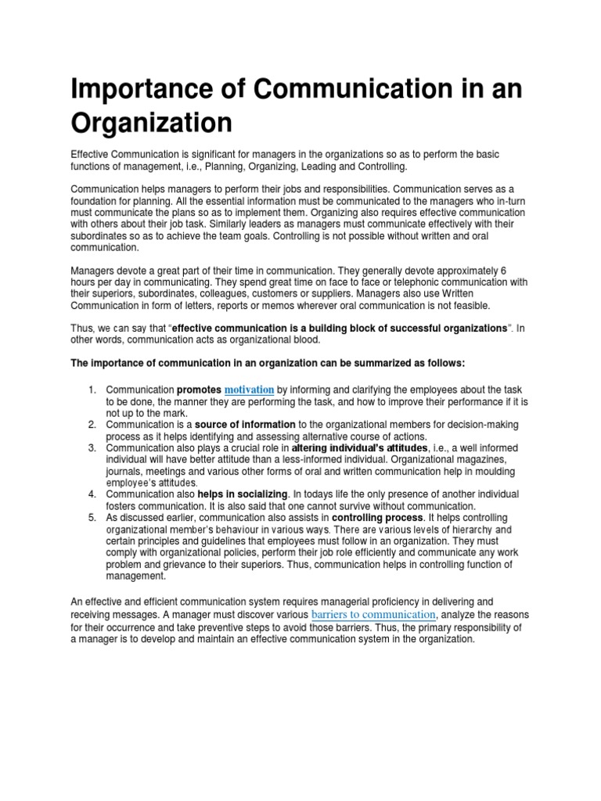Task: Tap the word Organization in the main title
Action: pos(151,124)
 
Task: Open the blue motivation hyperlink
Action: pos(249,389)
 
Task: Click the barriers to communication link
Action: pos(373,614)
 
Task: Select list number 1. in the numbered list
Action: pos(91,390)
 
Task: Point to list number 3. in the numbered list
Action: pos(91,447)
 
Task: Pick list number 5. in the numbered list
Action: pos(91,518)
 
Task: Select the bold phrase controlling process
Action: pos(376,518)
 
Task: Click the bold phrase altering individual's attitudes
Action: pos(346,447)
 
